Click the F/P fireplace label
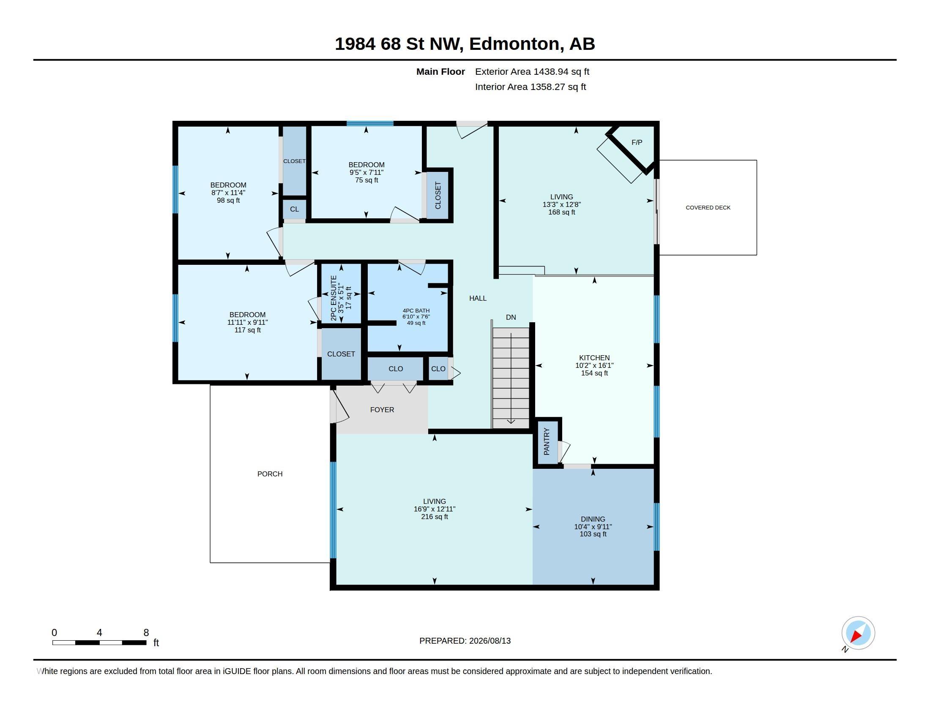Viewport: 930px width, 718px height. point(637,142)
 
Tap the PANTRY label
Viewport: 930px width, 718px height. point(547,441)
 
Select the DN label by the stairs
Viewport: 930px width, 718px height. point(511,317)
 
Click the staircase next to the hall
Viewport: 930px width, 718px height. point(511,378)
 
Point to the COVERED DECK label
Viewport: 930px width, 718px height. point(708,207)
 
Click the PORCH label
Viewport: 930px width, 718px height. point(270,474)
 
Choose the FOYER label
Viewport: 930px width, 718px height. point(382,410)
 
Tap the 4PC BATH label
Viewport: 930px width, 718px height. point(416,311)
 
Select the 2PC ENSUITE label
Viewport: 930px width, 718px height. point(334,298)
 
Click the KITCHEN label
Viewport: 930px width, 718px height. point(594,358)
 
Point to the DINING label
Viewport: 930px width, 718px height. point(593,519)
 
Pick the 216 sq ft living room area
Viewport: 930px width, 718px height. point(434,517)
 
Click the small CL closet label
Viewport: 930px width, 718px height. point(294,209)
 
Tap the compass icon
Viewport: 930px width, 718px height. point(858,634)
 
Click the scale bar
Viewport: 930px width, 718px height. point(99,642)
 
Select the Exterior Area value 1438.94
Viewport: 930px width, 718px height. point(550,71)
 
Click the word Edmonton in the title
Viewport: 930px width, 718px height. point(514,44)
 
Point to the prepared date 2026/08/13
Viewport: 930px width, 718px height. point(490,641)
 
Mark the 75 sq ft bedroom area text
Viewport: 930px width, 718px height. point(366,180)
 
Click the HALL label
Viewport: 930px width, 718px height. point(478,298)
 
